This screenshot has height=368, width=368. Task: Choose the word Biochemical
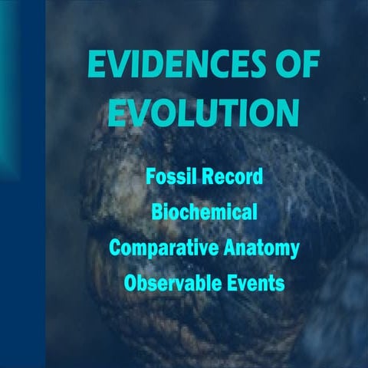[203, 212]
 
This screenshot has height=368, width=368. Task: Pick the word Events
[257, 283]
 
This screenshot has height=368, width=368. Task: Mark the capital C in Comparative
[115, 248]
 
